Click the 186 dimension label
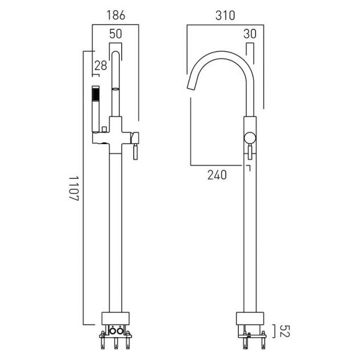(116, 16)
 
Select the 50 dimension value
(115, 34)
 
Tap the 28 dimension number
(101, 65)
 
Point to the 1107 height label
(74, 188)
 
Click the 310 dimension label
(225, 16)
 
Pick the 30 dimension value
(250, 34)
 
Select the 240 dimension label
(217, 175)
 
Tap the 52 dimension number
(285, 331)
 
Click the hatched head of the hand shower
(96, 94)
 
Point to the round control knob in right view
(250, 138)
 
